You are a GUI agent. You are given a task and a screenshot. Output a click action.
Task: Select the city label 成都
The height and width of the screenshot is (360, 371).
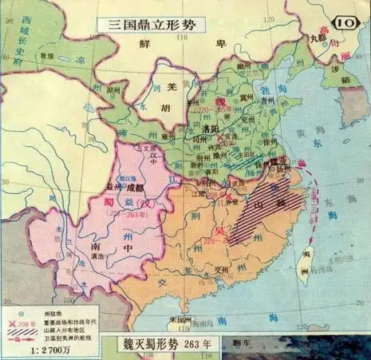(136, 188)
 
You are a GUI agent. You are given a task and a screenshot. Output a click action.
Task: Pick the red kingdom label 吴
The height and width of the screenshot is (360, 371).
(219, 231)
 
